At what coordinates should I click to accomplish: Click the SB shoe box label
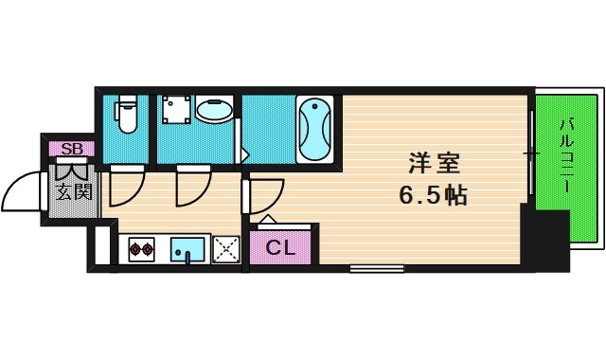pos(70,149)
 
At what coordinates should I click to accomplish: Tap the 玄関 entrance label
pos(69,194)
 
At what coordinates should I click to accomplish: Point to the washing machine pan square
pos(174,114)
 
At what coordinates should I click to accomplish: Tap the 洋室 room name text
pos(429,163)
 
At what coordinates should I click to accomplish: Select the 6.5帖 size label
pos(432,196)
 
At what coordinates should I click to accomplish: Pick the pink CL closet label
pos(280,248)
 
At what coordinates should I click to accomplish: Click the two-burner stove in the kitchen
pos(141,250)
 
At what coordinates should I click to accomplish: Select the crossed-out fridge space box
pos(226,249)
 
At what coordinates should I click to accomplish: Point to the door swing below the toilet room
pos(125,187)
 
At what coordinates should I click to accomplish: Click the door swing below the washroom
pos(192,187)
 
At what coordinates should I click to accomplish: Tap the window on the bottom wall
pos(370,268)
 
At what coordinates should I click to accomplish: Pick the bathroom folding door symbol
pos(241,142)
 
